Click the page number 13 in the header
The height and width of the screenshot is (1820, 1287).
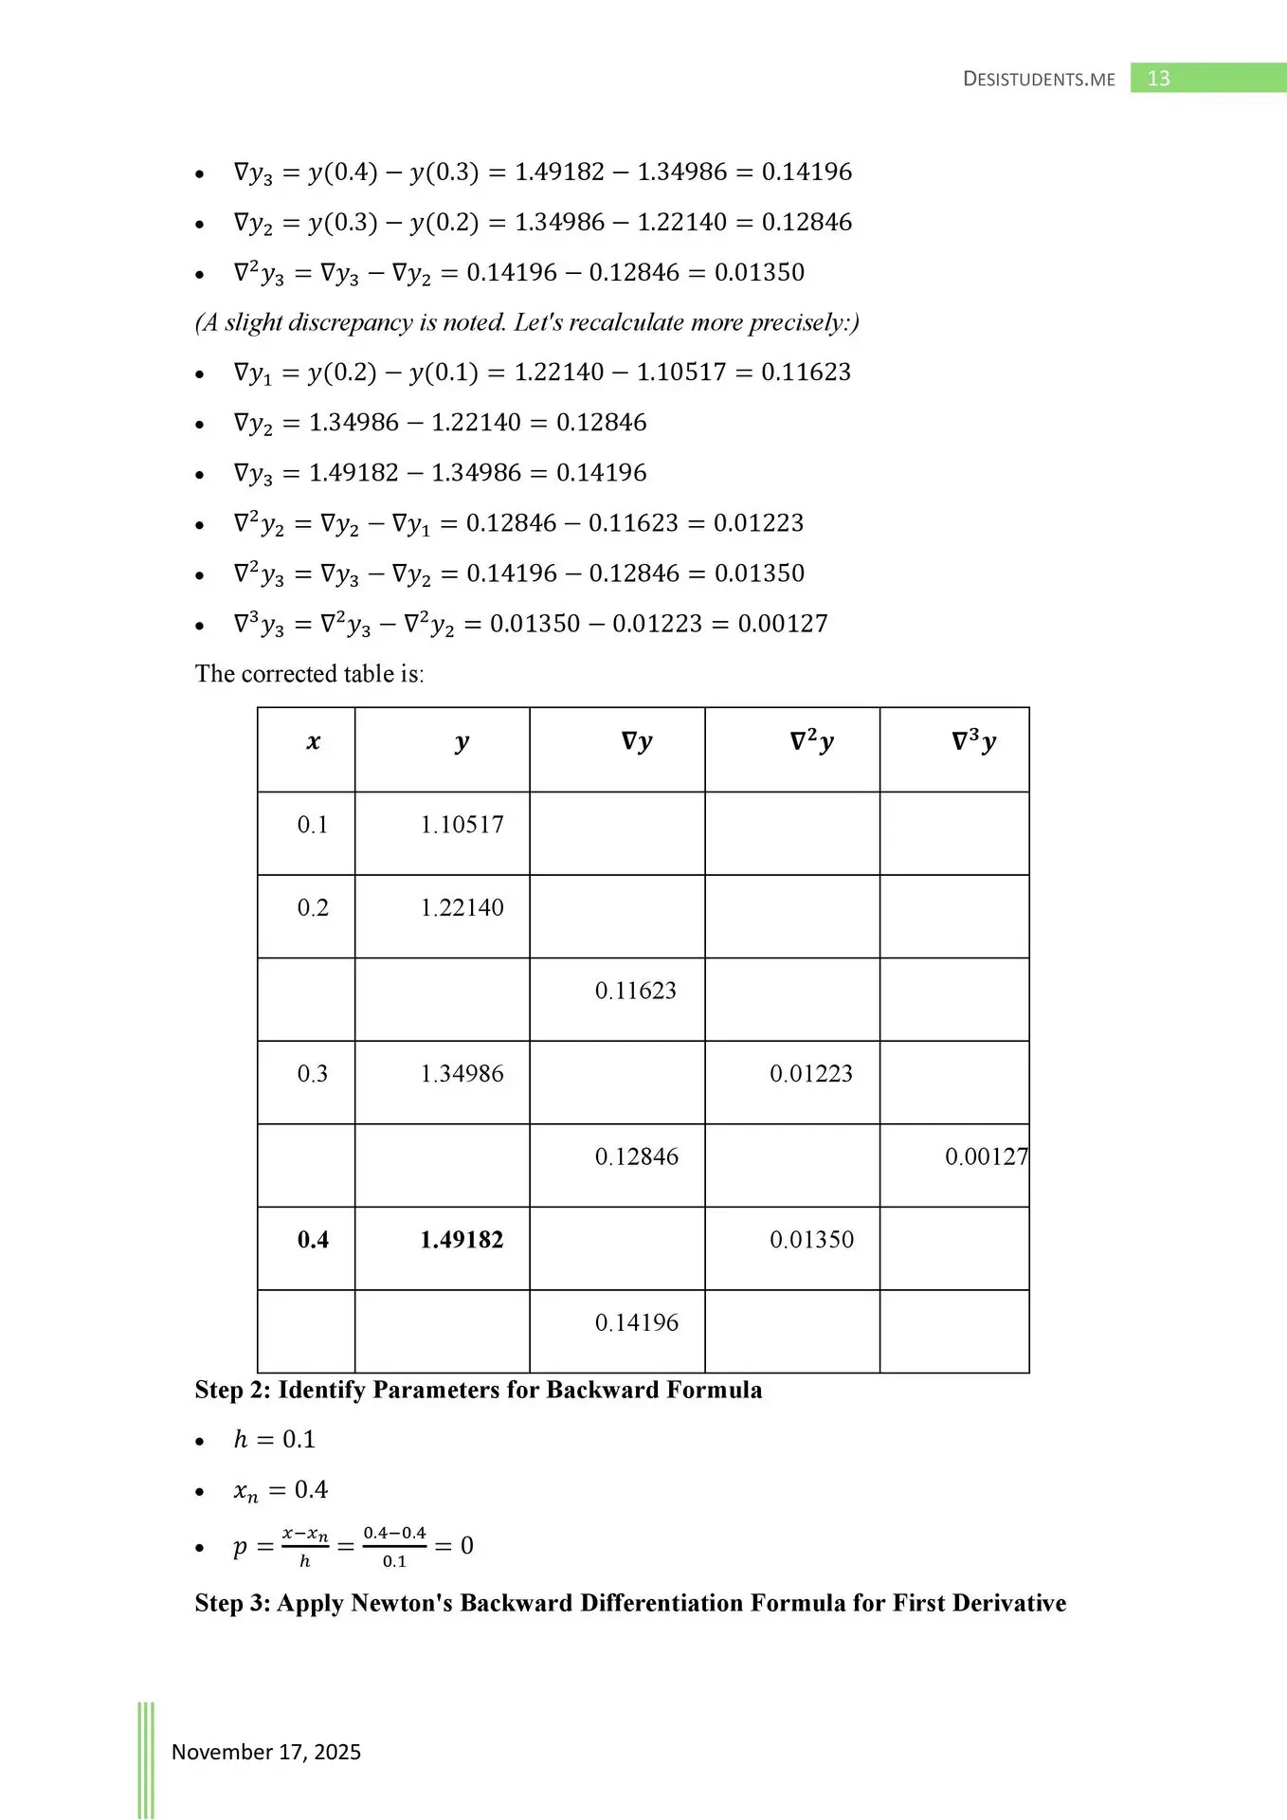1158,79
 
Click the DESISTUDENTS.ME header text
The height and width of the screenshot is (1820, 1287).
1039,80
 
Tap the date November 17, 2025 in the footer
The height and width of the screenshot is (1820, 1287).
266,1752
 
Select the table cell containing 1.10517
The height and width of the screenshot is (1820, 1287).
462,825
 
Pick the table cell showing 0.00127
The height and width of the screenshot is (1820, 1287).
986,1156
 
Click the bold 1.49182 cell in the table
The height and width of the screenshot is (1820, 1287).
462,1240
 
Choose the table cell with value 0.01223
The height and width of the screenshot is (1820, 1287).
811,1074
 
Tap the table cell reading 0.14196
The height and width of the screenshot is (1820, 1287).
637,1322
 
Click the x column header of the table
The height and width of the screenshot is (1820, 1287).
313,742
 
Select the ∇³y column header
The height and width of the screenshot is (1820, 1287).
973,742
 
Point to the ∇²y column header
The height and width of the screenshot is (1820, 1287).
811,742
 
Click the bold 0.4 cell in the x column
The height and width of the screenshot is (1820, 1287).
313,1240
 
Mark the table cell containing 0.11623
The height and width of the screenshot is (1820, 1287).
636,991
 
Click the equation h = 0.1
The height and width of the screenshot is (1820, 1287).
274,1439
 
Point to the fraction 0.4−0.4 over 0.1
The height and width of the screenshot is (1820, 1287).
394,1546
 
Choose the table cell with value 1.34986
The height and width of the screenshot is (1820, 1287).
462,1074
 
